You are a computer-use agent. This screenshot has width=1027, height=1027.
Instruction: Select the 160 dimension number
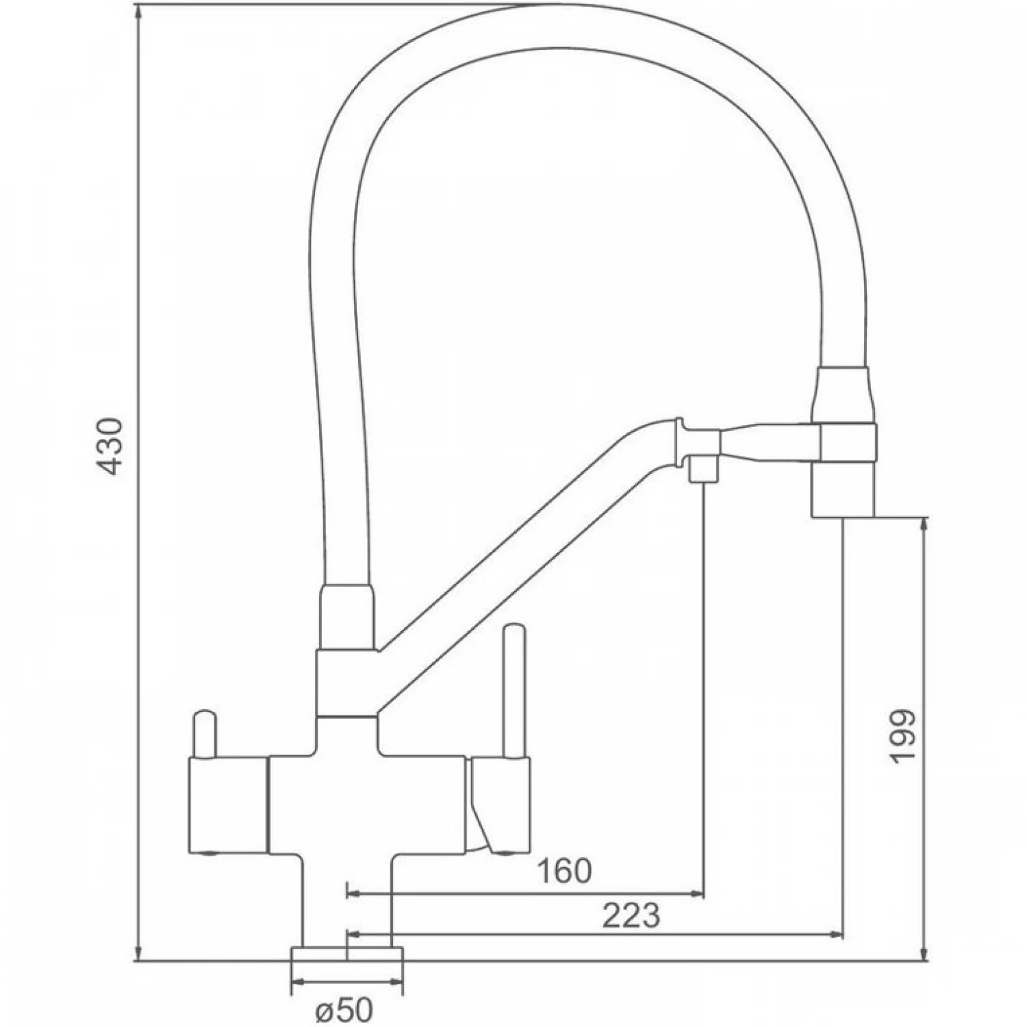tap(563, 872)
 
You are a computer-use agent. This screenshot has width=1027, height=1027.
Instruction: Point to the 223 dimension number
tap(631, 915)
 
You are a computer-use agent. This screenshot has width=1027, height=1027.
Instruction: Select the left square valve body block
tap(227, 805)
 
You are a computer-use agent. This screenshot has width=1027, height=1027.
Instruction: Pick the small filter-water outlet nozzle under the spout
tap(702, 470)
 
